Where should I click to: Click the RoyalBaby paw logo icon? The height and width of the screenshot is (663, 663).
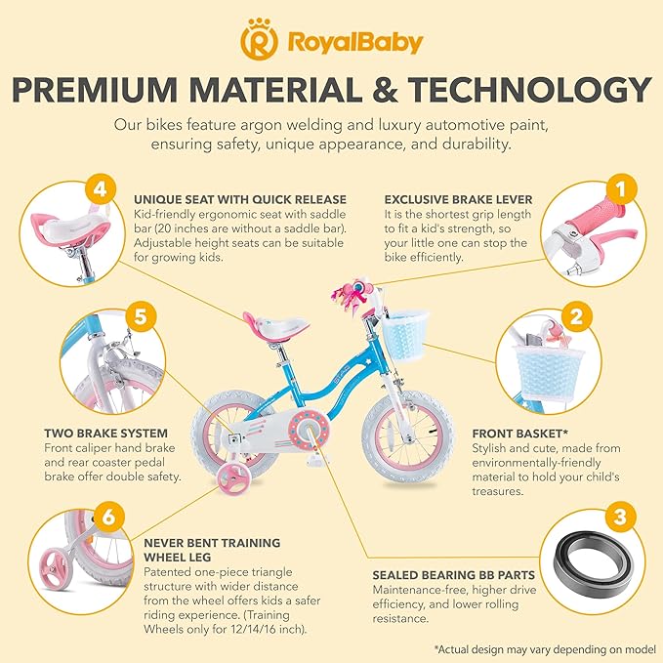coord(256,42)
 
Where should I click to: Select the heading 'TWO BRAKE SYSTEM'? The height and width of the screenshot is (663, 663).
coord(104,432)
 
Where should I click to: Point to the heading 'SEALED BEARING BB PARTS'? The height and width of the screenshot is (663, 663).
coord(455,575)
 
